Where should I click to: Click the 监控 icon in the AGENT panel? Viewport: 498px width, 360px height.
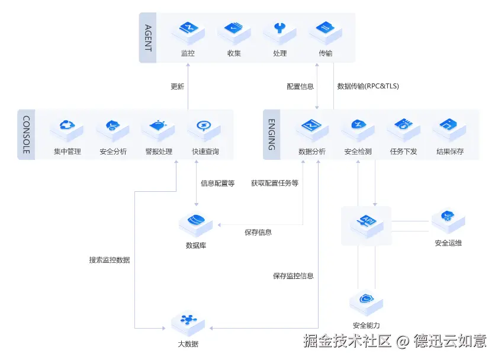point(188,33)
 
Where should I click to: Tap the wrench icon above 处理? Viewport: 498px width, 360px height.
point(280,33)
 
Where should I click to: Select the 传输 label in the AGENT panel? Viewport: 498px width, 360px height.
point(326,53)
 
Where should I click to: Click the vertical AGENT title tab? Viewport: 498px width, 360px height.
point(148,38)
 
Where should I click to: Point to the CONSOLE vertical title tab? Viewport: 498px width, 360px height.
point(27,134)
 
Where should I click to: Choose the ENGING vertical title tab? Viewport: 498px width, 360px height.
point(272,134)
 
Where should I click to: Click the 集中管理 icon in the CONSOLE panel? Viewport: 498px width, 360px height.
point(67,130)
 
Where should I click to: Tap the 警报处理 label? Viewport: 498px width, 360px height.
point(159,152)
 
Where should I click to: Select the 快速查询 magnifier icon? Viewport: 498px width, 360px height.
point(204,130)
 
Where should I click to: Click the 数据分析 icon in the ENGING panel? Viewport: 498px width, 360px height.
point(312,130)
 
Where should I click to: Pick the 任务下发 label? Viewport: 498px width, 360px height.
point(403,152)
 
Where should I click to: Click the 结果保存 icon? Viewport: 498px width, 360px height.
point(449,130)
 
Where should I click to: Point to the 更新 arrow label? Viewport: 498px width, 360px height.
point(177,86)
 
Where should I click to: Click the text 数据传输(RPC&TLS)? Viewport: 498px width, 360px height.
point(368,86)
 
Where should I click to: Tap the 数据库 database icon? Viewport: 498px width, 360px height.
point(195,225)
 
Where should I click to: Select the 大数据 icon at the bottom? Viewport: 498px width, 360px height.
point(188,323)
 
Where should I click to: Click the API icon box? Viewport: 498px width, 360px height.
point(367,226)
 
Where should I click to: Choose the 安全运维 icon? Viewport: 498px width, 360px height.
point(448,221)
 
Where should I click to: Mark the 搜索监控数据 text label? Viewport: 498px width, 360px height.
point(110,260)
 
